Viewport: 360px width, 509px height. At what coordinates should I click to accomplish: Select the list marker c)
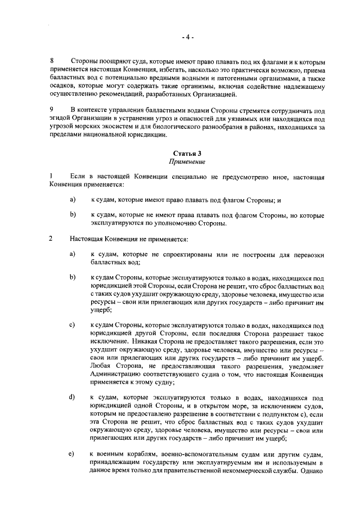click(x=73, y=325)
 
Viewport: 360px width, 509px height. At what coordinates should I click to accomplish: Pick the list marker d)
click(x=73, y=398)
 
